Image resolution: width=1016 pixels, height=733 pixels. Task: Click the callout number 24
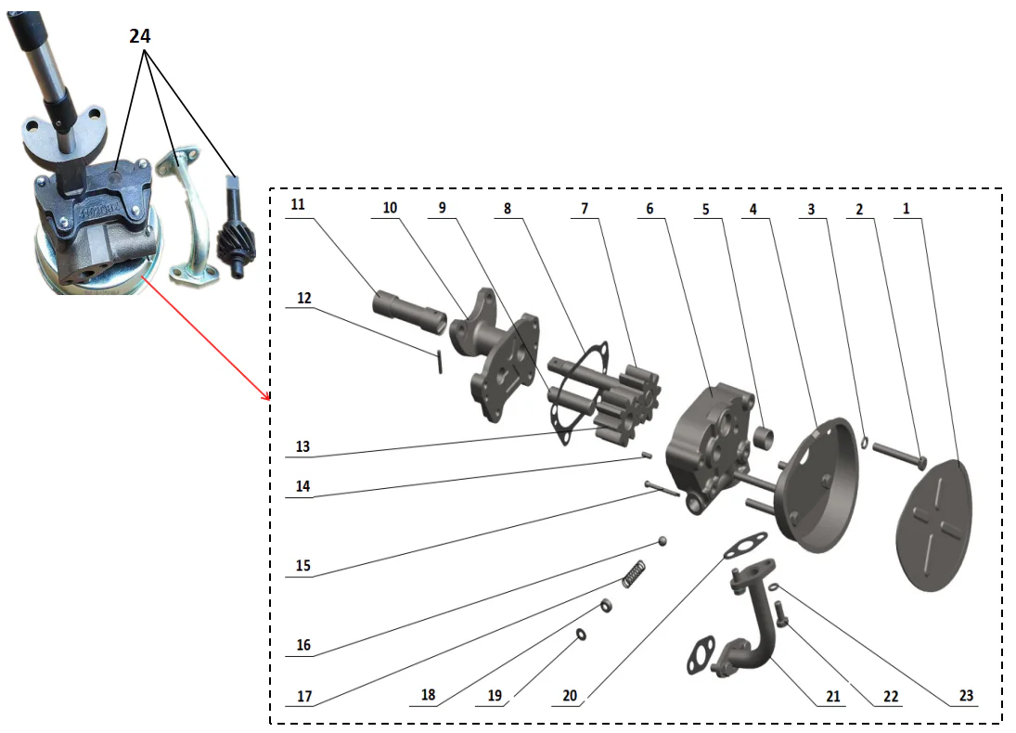point(139,36)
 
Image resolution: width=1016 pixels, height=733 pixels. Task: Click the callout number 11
point(296,202)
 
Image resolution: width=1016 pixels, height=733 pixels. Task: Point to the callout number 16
point(303,646)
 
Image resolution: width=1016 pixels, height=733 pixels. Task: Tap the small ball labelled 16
point(663,540)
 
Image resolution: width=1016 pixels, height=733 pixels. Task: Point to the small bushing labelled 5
point(765,434)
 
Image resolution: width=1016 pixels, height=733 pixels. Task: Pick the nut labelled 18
point(605,606)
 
